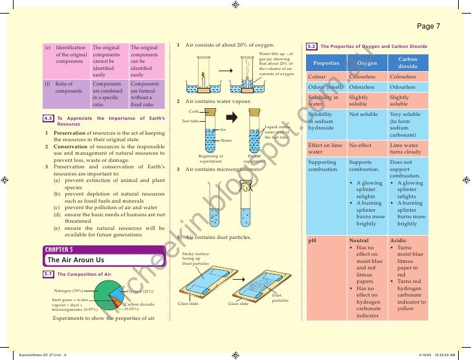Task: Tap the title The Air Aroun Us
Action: pyautogui.click(x=76, y=260)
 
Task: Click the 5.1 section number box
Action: pyautogui.click(x=48, y=275)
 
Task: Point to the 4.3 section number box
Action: pyautogui.click(x=48, y=118)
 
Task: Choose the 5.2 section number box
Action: pyautogui.click(x=311, y=47)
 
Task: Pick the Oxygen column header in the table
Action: pyautogui.click(x=367, y=63)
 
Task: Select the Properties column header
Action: pyautogui.click(x=326, y=63)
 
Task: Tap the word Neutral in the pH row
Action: pyautogui.click(x=358, y=240)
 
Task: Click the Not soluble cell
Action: pyautogui.click(x=363, y=114)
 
